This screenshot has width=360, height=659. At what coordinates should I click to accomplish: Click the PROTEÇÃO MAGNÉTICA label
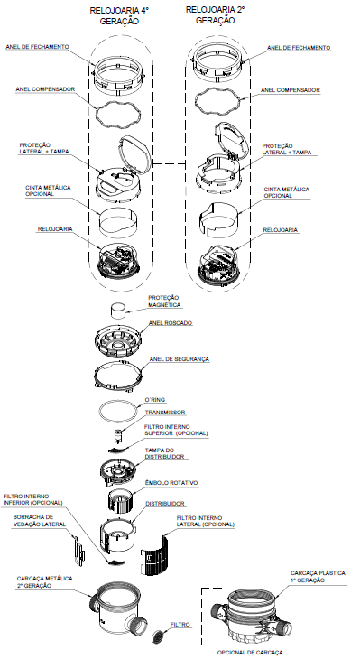tap(164, 302)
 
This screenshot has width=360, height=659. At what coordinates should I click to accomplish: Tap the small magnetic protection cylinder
tap(118, 311)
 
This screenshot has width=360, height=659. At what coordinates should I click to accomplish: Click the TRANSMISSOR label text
tap(165, 413)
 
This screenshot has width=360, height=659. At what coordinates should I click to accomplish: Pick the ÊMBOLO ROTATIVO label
tap(171, 483)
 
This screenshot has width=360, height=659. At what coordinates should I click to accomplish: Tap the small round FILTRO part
tap(159, 636)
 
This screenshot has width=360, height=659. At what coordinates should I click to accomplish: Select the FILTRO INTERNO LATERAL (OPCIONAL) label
tap(206, 521)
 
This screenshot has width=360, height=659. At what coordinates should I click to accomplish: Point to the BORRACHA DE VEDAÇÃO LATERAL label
tap(40, 521)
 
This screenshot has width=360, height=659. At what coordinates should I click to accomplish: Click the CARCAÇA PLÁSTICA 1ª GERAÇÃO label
tap(318, 577)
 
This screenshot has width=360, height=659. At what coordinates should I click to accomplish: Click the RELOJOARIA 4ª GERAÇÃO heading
tap(120, 16)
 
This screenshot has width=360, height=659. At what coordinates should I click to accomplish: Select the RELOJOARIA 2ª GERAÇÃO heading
tap(215, 14)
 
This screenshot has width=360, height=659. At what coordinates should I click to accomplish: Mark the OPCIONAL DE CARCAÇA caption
tap(250, 653)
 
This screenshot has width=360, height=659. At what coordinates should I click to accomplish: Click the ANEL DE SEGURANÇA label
tap(180, 359)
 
